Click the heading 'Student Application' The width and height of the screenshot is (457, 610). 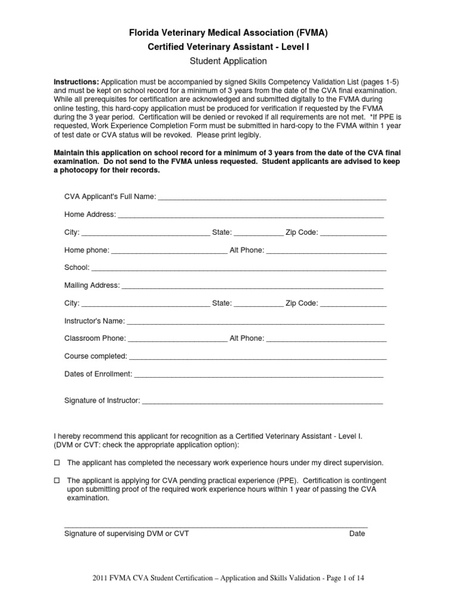[x=228, y=61]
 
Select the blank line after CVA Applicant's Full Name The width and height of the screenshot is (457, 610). [x=272, y=198]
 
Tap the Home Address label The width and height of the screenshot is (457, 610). [x=90, y=214]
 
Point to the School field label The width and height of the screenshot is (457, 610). [x=76, y=268]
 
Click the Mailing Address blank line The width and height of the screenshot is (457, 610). [x=252, y=286]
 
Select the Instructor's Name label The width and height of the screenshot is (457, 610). [x=94, y=321]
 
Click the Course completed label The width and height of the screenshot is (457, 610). [x=95, y=356]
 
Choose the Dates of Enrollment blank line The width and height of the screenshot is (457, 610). [x=259, y=375]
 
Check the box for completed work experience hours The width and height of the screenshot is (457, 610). [x=58, y=463]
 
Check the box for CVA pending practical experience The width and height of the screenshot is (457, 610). [x=58, y=480]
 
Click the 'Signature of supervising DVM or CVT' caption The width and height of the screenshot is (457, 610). [x=126, y=534]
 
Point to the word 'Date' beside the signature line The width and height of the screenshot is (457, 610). [x=357, y=534]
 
